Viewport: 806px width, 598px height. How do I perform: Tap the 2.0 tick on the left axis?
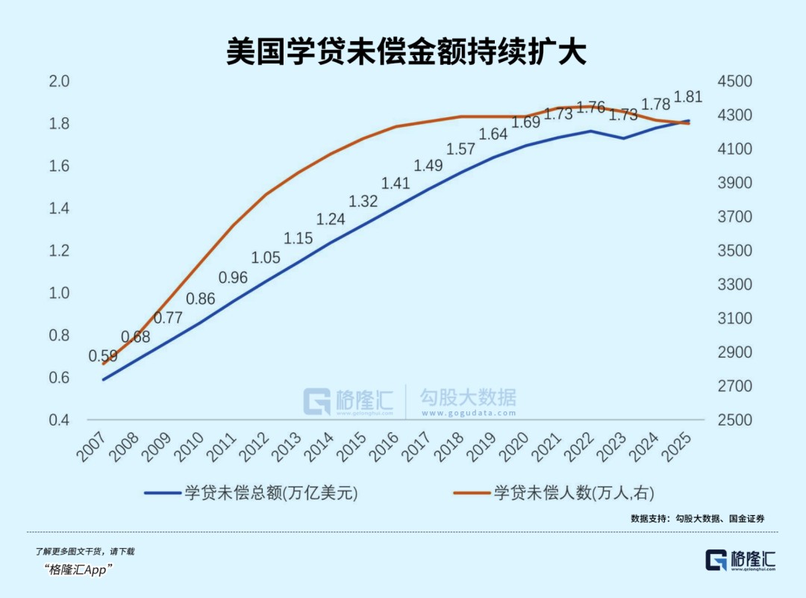pyautogui.click(x=58, y=81)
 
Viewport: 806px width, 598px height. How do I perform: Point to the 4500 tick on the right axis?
pyautogui.click(x=735, y=81)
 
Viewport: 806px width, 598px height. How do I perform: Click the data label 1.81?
pyautogui.click(x=688, y=96)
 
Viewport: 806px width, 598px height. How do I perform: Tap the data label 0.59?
pyautogui.click(x=103, y=356)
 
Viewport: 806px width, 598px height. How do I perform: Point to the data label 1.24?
pyautogui.click(x=331, y=219)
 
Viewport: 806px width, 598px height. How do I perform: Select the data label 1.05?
pyautogui.click(x=265, y=258)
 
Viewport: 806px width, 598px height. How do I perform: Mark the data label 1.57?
pyautogui.click(x=460, y=149)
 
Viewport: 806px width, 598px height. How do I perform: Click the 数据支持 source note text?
pyautogui.click(x=698, y=518)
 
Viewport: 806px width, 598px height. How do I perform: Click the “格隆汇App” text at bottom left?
pyautogui.click(x=78, y=570)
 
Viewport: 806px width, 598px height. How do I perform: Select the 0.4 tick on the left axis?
pyautogui.click(x=58, y=420)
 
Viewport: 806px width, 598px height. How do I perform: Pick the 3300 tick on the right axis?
pyautogui.click(x=735, y=284)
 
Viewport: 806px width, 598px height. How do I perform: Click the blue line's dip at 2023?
pyautogui.click(x=622, y=138)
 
